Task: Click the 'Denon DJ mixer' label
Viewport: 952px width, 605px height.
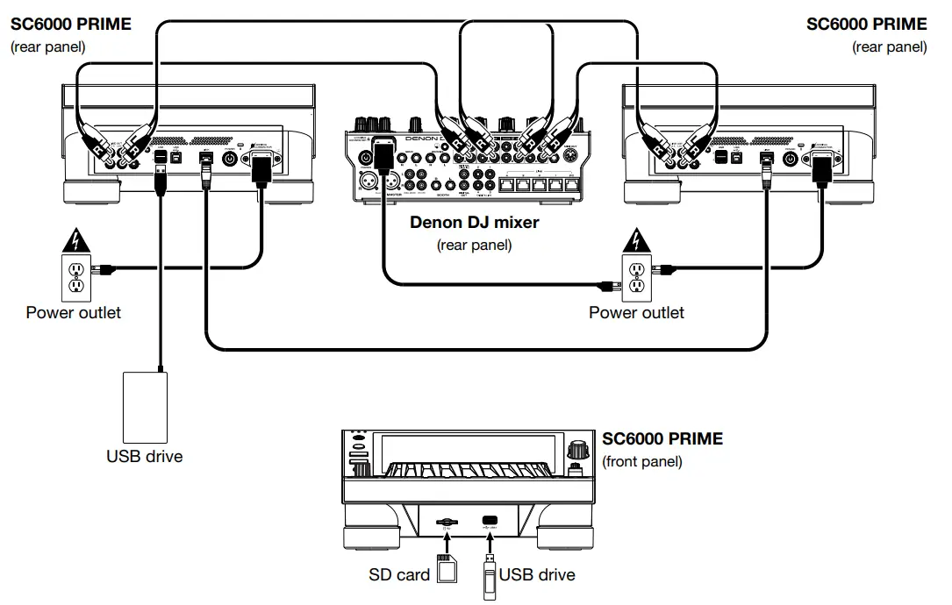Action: (x=474, y=222)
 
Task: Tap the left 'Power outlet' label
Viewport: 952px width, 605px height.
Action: (x=74, y=312)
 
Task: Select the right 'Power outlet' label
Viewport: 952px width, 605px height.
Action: (x=636, y=312)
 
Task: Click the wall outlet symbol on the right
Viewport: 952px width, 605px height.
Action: (x=637, y=276)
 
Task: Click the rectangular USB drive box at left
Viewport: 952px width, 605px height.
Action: (x=145, y=407)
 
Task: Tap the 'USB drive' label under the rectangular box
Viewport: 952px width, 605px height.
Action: (x=145, y=456)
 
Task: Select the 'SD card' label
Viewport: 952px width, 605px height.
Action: (x=399, y=575)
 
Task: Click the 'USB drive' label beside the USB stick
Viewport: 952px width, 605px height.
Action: (x=537, y=575)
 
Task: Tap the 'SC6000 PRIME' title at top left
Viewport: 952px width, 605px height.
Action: (x=71, y=25)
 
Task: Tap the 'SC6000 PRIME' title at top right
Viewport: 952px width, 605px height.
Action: (x=866, y=25)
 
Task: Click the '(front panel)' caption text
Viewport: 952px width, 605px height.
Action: (x=641, y=461)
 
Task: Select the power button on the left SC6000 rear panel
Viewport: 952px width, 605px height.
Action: (x=231, y=159)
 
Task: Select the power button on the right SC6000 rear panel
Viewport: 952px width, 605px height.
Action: (x=790, y=159)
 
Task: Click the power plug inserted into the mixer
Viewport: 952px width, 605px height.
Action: (x=383, y=155)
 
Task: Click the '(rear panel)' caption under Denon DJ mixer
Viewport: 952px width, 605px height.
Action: (x=474, y=245)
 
